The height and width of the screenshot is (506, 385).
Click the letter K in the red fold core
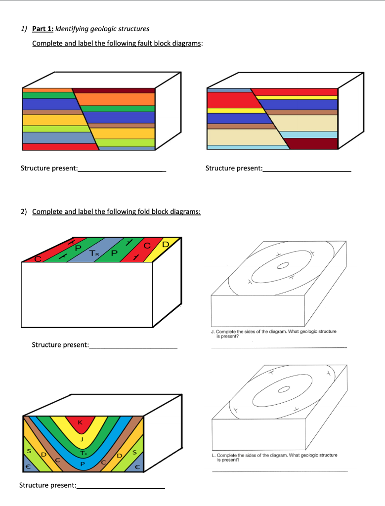[81, 422]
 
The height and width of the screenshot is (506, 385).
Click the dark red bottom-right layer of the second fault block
[313, 143]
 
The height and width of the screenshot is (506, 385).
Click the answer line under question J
[279, 348]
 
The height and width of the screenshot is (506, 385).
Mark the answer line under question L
[280, 471]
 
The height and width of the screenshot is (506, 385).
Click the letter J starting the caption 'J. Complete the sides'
[213, 332]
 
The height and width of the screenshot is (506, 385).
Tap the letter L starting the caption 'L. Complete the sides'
[213, 455]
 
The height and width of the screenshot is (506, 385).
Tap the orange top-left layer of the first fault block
[47, 90]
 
